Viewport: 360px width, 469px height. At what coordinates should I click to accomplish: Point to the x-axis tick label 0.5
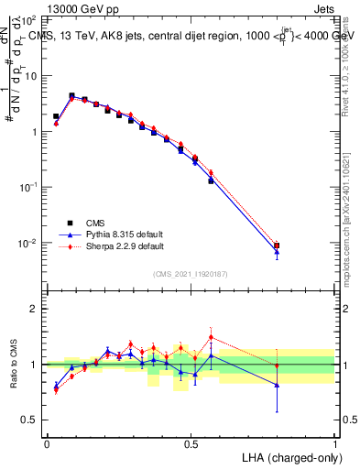click(191, 442)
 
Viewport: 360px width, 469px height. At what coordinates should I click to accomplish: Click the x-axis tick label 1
click(334, 442)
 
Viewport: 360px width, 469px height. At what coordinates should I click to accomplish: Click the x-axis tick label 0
click(47, 442)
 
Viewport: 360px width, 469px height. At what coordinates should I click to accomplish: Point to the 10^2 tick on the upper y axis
click(30, 19)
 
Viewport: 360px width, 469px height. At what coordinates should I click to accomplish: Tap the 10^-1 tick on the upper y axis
click(30, 187)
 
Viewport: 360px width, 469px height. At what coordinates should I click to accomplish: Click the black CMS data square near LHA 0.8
click(277, 245)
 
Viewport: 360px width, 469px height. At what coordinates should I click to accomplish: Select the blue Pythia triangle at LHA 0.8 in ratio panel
click(277, 385)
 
